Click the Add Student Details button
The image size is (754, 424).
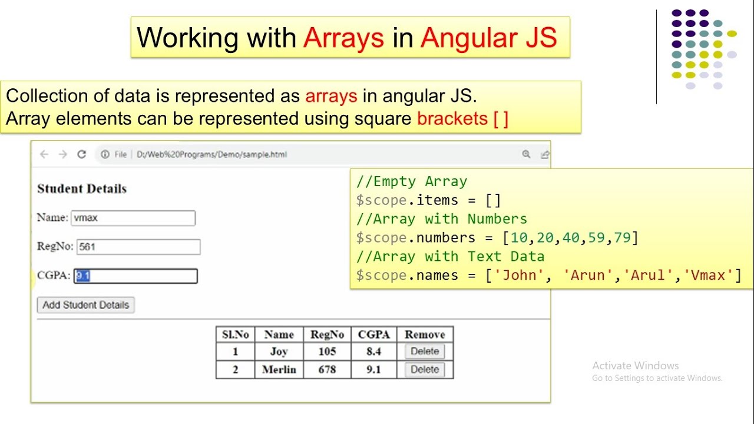(x=85, y=305)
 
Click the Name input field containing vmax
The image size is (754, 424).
(x=133, y=218)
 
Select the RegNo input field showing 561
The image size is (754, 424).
(x=138, y=247)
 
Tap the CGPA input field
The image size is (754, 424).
(x=136, y=276)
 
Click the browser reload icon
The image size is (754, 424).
(x=82, y=154)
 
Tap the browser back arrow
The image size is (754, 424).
(x=44, y=154)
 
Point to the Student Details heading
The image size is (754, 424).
(x=82, y=189)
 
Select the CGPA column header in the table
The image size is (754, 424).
(x=374, y=334)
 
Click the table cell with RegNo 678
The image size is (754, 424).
(x=327, y=370)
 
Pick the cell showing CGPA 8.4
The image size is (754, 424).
(x=374, y=352)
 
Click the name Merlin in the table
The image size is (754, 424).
(x=279, y=370)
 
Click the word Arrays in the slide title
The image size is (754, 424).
(x=344, y=38)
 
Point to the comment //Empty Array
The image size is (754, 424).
(x=412, y=181)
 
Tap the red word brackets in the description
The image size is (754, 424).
(x=452, y=118)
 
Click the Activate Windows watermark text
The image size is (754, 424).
(x=636, y=366)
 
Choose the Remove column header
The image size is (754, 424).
(x=425, y=334)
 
